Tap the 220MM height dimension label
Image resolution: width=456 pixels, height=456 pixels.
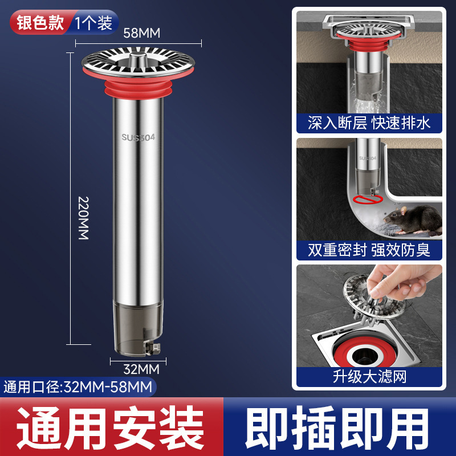pyautogui.click(x=83, y=218)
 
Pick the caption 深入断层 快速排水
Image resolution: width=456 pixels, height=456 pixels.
pyautogui.click(x=369, y=123)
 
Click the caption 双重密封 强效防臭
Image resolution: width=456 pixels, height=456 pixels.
pyautogui.click(x=369, y=249)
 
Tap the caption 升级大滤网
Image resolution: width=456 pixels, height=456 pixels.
pyautogui.click(x=369, y=376)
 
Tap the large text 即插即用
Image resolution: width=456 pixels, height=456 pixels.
pyautogui.click(x=340, y=427)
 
